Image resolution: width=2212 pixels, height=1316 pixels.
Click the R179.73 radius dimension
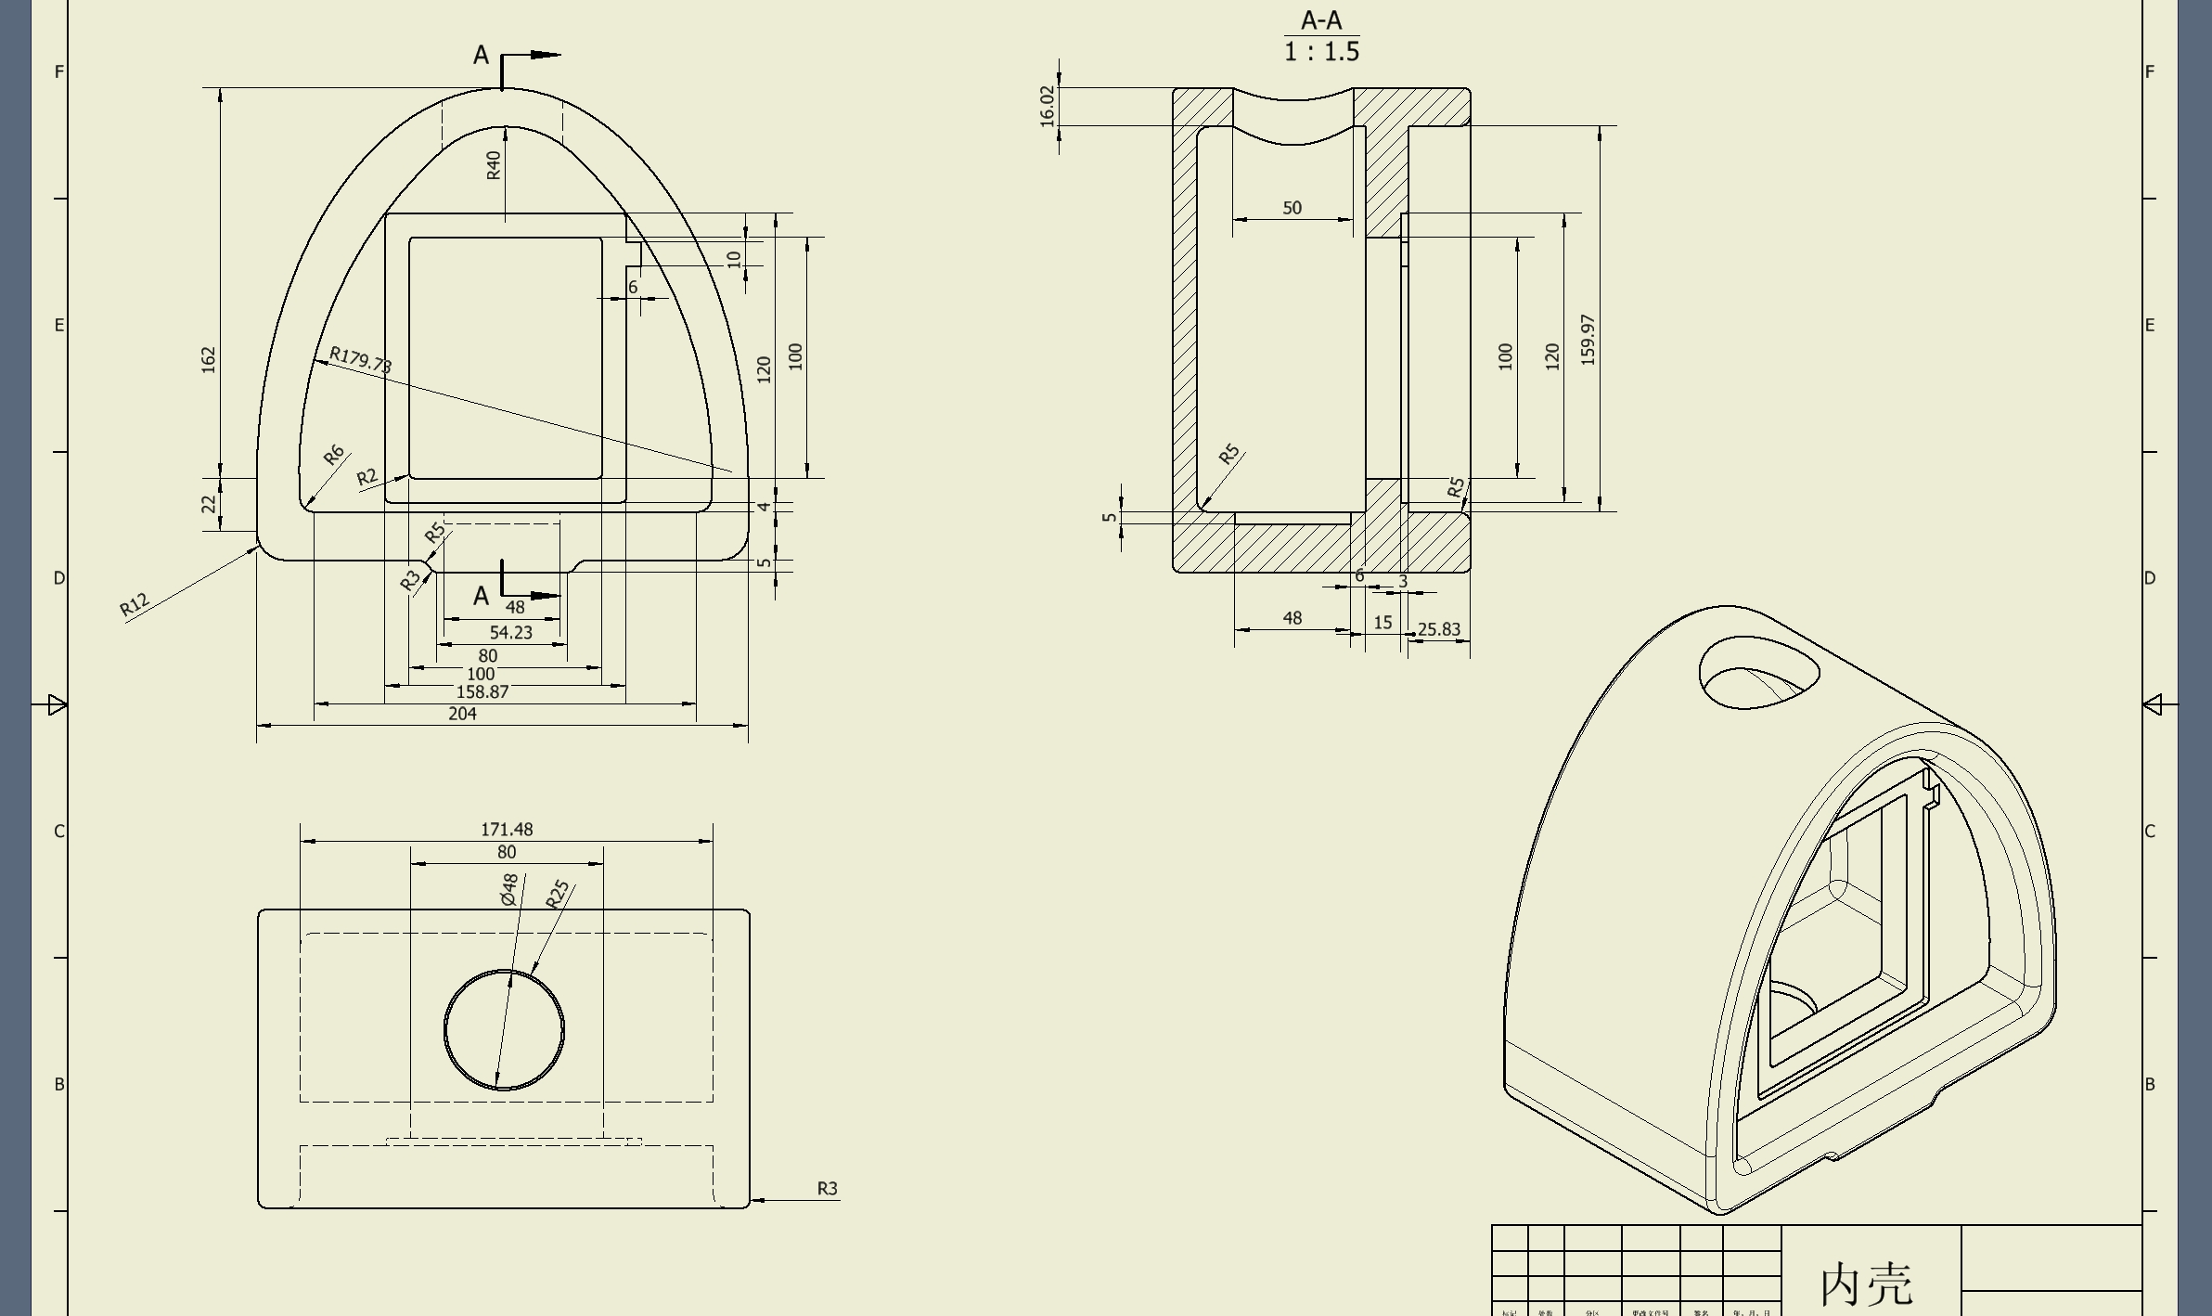point(361,360)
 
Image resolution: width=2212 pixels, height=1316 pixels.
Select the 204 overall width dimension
point(462,714)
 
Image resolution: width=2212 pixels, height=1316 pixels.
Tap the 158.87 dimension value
point(482,691)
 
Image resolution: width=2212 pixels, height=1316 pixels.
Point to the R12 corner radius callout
point(135,605)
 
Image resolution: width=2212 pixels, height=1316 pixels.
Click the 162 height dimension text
point(208,360)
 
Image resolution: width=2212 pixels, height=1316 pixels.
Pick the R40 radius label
point(493,165)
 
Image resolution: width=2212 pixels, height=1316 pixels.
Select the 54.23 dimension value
point(510,633)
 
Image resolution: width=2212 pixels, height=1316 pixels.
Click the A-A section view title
point(1321,20)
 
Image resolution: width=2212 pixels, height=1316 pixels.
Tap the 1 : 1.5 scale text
point(1321,52)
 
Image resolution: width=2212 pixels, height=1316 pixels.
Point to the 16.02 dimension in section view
point(1048,107)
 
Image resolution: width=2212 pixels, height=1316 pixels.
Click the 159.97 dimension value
point(1588,340)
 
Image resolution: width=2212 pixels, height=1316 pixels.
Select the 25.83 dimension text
point(1439,629)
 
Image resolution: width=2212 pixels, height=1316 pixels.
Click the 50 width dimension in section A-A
point(1292,208)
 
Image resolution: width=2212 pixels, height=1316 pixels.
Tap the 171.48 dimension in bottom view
point(507,829)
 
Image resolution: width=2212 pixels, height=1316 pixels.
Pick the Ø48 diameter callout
point(508,890)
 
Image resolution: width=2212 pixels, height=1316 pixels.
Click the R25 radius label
point(557,895)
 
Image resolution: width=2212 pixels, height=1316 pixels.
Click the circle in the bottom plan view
point(504,1030)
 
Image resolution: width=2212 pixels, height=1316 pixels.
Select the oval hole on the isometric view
point(1758,672)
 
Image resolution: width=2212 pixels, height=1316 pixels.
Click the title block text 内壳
point(1866,1284)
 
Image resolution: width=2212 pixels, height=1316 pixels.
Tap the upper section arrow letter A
point(481,56)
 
